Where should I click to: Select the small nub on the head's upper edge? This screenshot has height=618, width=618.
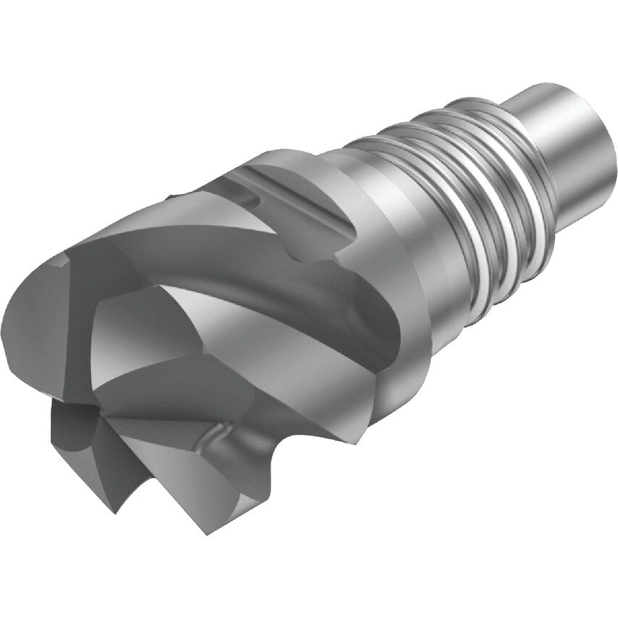173,195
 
